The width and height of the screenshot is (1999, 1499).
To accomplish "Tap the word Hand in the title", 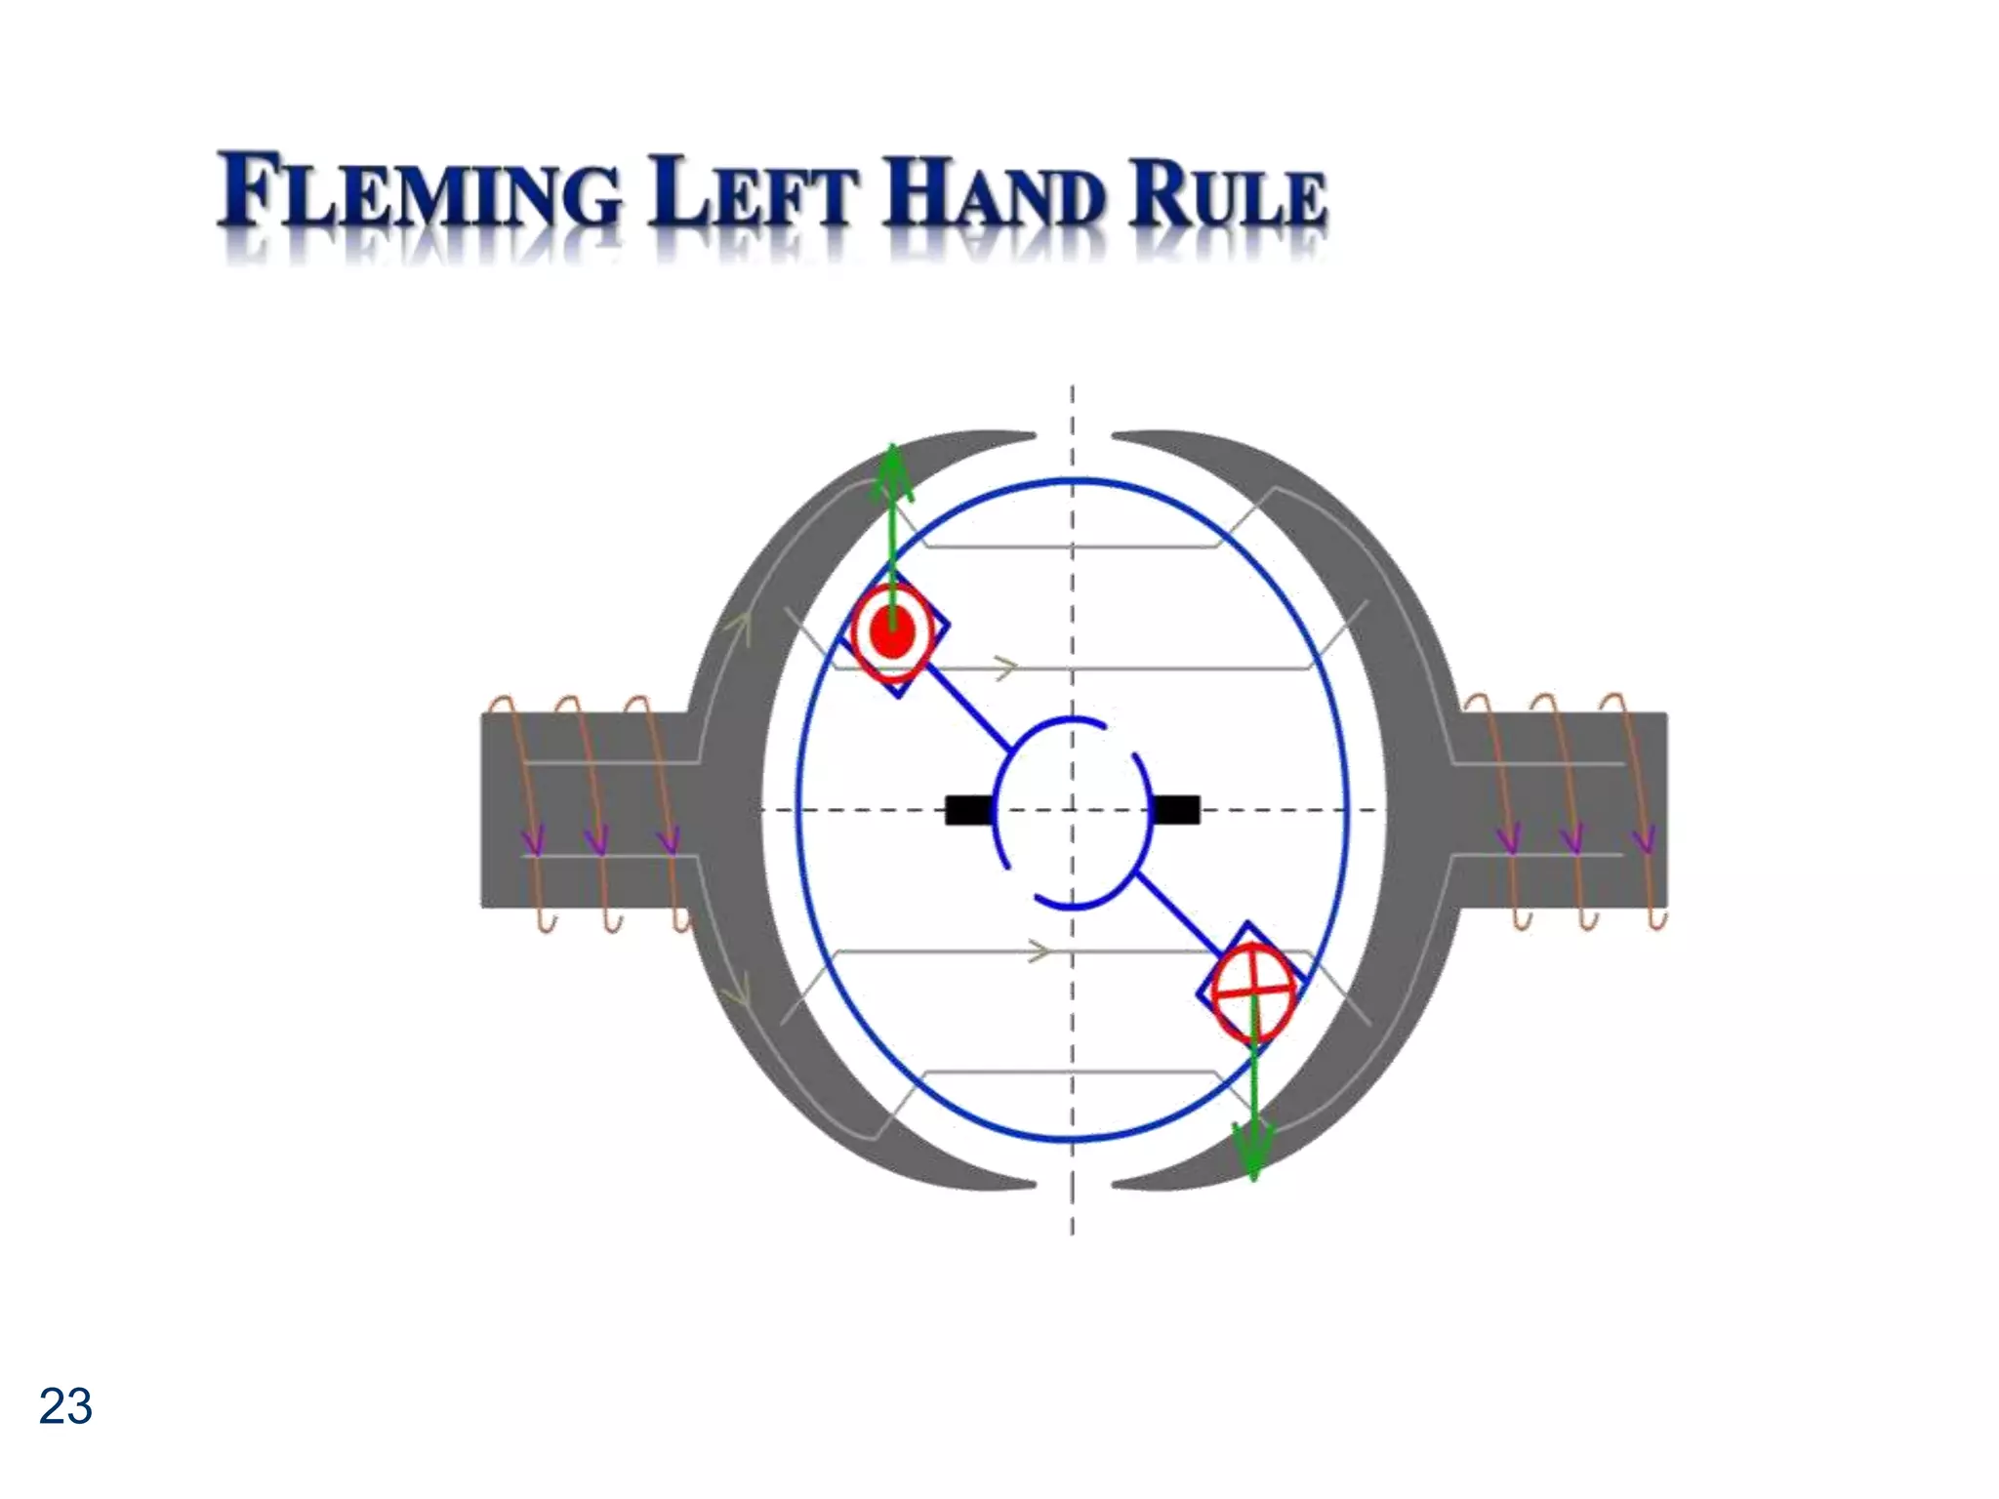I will (995, 192).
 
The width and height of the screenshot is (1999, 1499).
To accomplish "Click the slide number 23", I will (65, 1406).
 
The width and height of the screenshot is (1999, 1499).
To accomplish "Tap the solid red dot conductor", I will (892, 632).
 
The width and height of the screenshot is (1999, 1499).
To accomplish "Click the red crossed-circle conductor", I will (1253, 992).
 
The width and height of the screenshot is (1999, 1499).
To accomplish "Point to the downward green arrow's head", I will (1253, 1152).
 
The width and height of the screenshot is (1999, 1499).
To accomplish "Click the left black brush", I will (969, 810).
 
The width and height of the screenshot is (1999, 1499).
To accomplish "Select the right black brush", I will (1175, 810).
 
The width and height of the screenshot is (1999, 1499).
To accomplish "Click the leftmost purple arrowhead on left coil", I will (533, 838).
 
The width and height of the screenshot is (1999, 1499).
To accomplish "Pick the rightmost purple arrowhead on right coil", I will (1644, 838).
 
